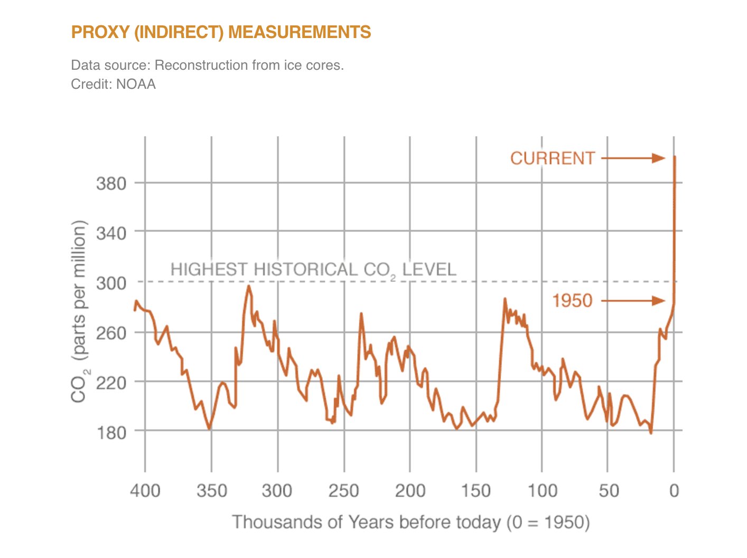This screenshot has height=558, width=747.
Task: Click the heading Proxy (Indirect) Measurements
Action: point(221,32)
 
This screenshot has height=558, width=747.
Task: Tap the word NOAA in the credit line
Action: point(136,85)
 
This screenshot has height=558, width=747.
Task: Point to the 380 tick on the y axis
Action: point(111,184)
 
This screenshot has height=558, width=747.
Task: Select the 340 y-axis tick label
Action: point(111,232)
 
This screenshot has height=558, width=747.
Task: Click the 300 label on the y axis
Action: point(111,283)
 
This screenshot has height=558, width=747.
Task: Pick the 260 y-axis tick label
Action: point(111,333)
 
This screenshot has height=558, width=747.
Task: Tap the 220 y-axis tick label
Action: point(111,383)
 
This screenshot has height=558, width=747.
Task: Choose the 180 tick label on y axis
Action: point(111,432)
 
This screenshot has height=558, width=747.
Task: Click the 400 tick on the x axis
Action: point(145,490)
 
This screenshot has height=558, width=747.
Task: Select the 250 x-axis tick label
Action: point(344,490)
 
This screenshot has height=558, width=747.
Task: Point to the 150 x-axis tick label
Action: point(476,490)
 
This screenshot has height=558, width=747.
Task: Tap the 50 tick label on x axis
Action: point(609,490)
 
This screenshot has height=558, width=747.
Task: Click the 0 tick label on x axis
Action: point(674,490)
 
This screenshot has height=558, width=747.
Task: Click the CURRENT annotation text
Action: point(552,159)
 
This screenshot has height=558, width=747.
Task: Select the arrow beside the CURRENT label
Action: point(633,158)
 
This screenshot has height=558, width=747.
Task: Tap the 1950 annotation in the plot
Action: point(572,301)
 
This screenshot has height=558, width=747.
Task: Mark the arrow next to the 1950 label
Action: point(633,301)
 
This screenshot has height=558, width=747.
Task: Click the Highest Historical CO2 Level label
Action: point(313,270)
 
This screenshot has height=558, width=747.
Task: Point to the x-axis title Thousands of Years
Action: point(411,522)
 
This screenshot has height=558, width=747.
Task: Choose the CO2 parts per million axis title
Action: point(79,312)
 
